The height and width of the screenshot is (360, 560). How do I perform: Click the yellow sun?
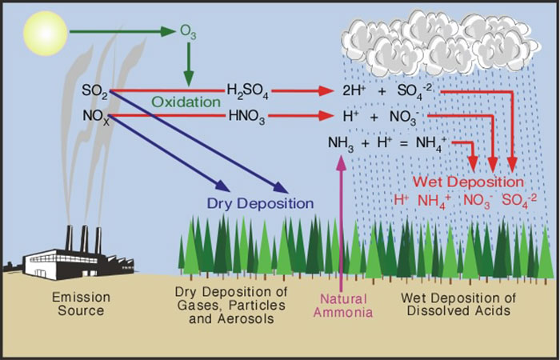pyautogui.click(x=46, y=34)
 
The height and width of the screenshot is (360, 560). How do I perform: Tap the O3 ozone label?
pyautogui.click(x=188, y=33)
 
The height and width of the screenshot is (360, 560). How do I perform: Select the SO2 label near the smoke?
pyautogui.click(x=95, y=90)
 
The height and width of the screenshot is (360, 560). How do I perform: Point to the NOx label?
pyautogui.click(x=95, y=117)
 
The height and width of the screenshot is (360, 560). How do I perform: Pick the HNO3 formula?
pyautogui.click(x=246, y=117)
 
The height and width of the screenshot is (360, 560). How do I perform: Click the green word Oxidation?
pyautogui.click(x=187, y=102)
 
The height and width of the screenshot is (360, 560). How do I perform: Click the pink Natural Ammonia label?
pyautogui.click(x=343, y=306)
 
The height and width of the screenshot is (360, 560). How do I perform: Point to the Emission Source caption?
pyautogui.click(x=81, y=303)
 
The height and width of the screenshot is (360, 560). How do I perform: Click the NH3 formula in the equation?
pyautogui.click(x=341, y=144)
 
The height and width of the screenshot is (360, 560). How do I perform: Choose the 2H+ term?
pyautogui.click(x=352, y=90)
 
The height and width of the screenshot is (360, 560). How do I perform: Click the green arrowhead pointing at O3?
pyautogui.click(x=168, y=31)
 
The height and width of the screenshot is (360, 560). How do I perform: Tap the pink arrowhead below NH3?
pyautogui.click(x=342, y=162)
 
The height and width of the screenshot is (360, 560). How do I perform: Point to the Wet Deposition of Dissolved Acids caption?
pyautogui.click(x=458, y=304)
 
